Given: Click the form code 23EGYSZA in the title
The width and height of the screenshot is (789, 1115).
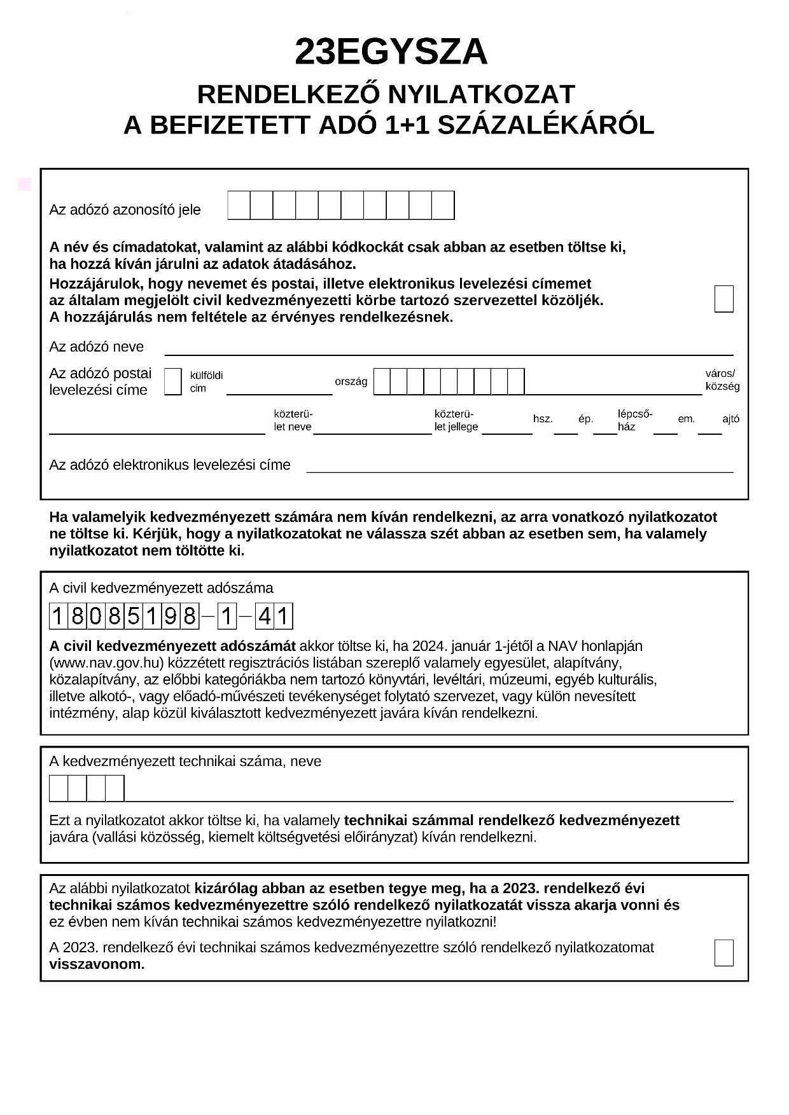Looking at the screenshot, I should [391, 52].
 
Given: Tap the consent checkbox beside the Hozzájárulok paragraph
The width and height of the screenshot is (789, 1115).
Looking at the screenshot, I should [723, 299].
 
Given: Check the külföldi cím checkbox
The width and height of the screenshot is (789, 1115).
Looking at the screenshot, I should [172, 381].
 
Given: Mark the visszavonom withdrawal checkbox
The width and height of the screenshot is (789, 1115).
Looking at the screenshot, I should [723, 952].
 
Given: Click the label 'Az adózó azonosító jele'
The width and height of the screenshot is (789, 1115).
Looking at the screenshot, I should [125, 210].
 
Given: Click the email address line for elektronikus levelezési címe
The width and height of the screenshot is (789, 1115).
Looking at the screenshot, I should [519, 468].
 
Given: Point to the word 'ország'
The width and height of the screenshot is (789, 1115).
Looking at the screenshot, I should [351, 381].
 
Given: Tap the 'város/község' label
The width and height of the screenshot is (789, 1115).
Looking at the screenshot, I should [722, 380].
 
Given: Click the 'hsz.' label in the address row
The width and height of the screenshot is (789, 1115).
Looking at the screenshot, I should [543, 419].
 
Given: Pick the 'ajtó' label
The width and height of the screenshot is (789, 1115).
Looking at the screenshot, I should [730, 419].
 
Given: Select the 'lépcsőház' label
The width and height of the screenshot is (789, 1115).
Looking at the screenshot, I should [634, 420].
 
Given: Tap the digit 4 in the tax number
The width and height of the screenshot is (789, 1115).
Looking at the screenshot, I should [265, 616].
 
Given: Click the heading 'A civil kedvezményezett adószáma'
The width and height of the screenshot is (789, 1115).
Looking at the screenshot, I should [161, 588].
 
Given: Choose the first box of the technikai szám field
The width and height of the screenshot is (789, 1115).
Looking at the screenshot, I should [59, 788].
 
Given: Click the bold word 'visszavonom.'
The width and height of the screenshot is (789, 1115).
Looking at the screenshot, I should [97, 964].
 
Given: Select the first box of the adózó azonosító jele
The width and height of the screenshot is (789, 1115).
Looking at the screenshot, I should [239, 205].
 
